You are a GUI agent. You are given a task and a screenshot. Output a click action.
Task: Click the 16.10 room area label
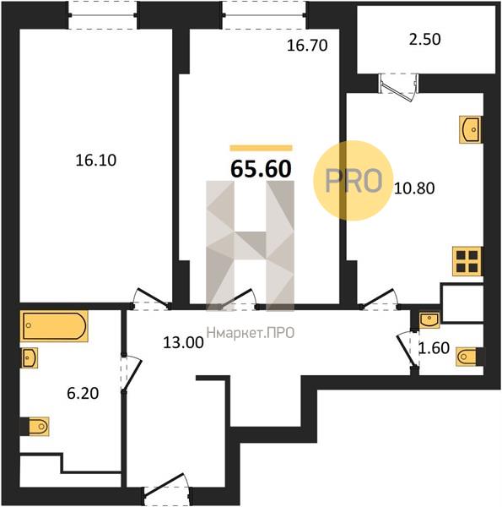[x=96, y=161]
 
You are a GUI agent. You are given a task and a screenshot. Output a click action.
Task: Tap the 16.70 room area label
[x=307, y=46]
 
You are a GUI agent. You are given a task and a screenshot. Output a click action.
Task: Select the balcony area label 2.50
[x=425, y=39]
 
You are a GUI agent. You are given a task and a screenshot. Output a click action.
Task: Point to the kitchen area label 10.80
[x=414, y=188]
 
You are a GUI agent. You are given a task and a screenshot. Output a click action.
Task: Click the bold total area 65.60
[x=261, y=169]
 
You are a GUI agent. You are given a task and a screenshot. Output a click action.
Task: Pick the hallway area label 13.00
[x=183, y=343]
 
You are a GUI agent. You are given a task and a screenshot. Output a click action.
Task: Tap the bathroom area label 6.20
[x=83, y=394]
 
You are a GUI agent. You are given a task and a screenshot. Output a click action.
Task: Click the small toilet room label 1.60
[x=434, y=348]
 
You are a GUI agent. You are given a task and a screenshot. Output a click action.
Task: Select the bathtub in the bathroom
[x=54, y=326]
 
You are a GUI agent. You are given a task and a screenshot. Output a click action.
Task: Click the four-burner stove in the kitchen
[x=467, y=261]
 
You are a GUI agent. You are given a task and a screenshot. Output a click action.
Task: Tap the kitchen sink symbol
[x=470, y=129]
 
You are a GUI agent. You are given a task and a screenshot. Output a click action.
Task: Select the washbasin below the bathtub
[x=30, y=357]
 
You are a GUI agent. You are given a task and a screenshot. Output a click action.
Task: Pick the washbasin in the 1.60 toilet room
[x=429, y=319]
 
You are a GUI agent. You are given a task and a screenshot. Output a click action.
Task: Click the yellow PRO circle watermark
[x=354, y=181]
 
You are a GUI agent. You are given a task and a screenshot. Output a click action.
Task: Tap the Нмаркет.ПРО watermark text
[x=251, y=333]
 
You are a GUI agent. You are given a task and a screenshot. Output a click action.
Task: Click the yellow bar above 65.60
[x=261, y=148]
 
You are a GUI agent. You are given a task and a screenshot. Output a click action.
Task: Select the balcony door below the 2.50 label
[x=399, y=87]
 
